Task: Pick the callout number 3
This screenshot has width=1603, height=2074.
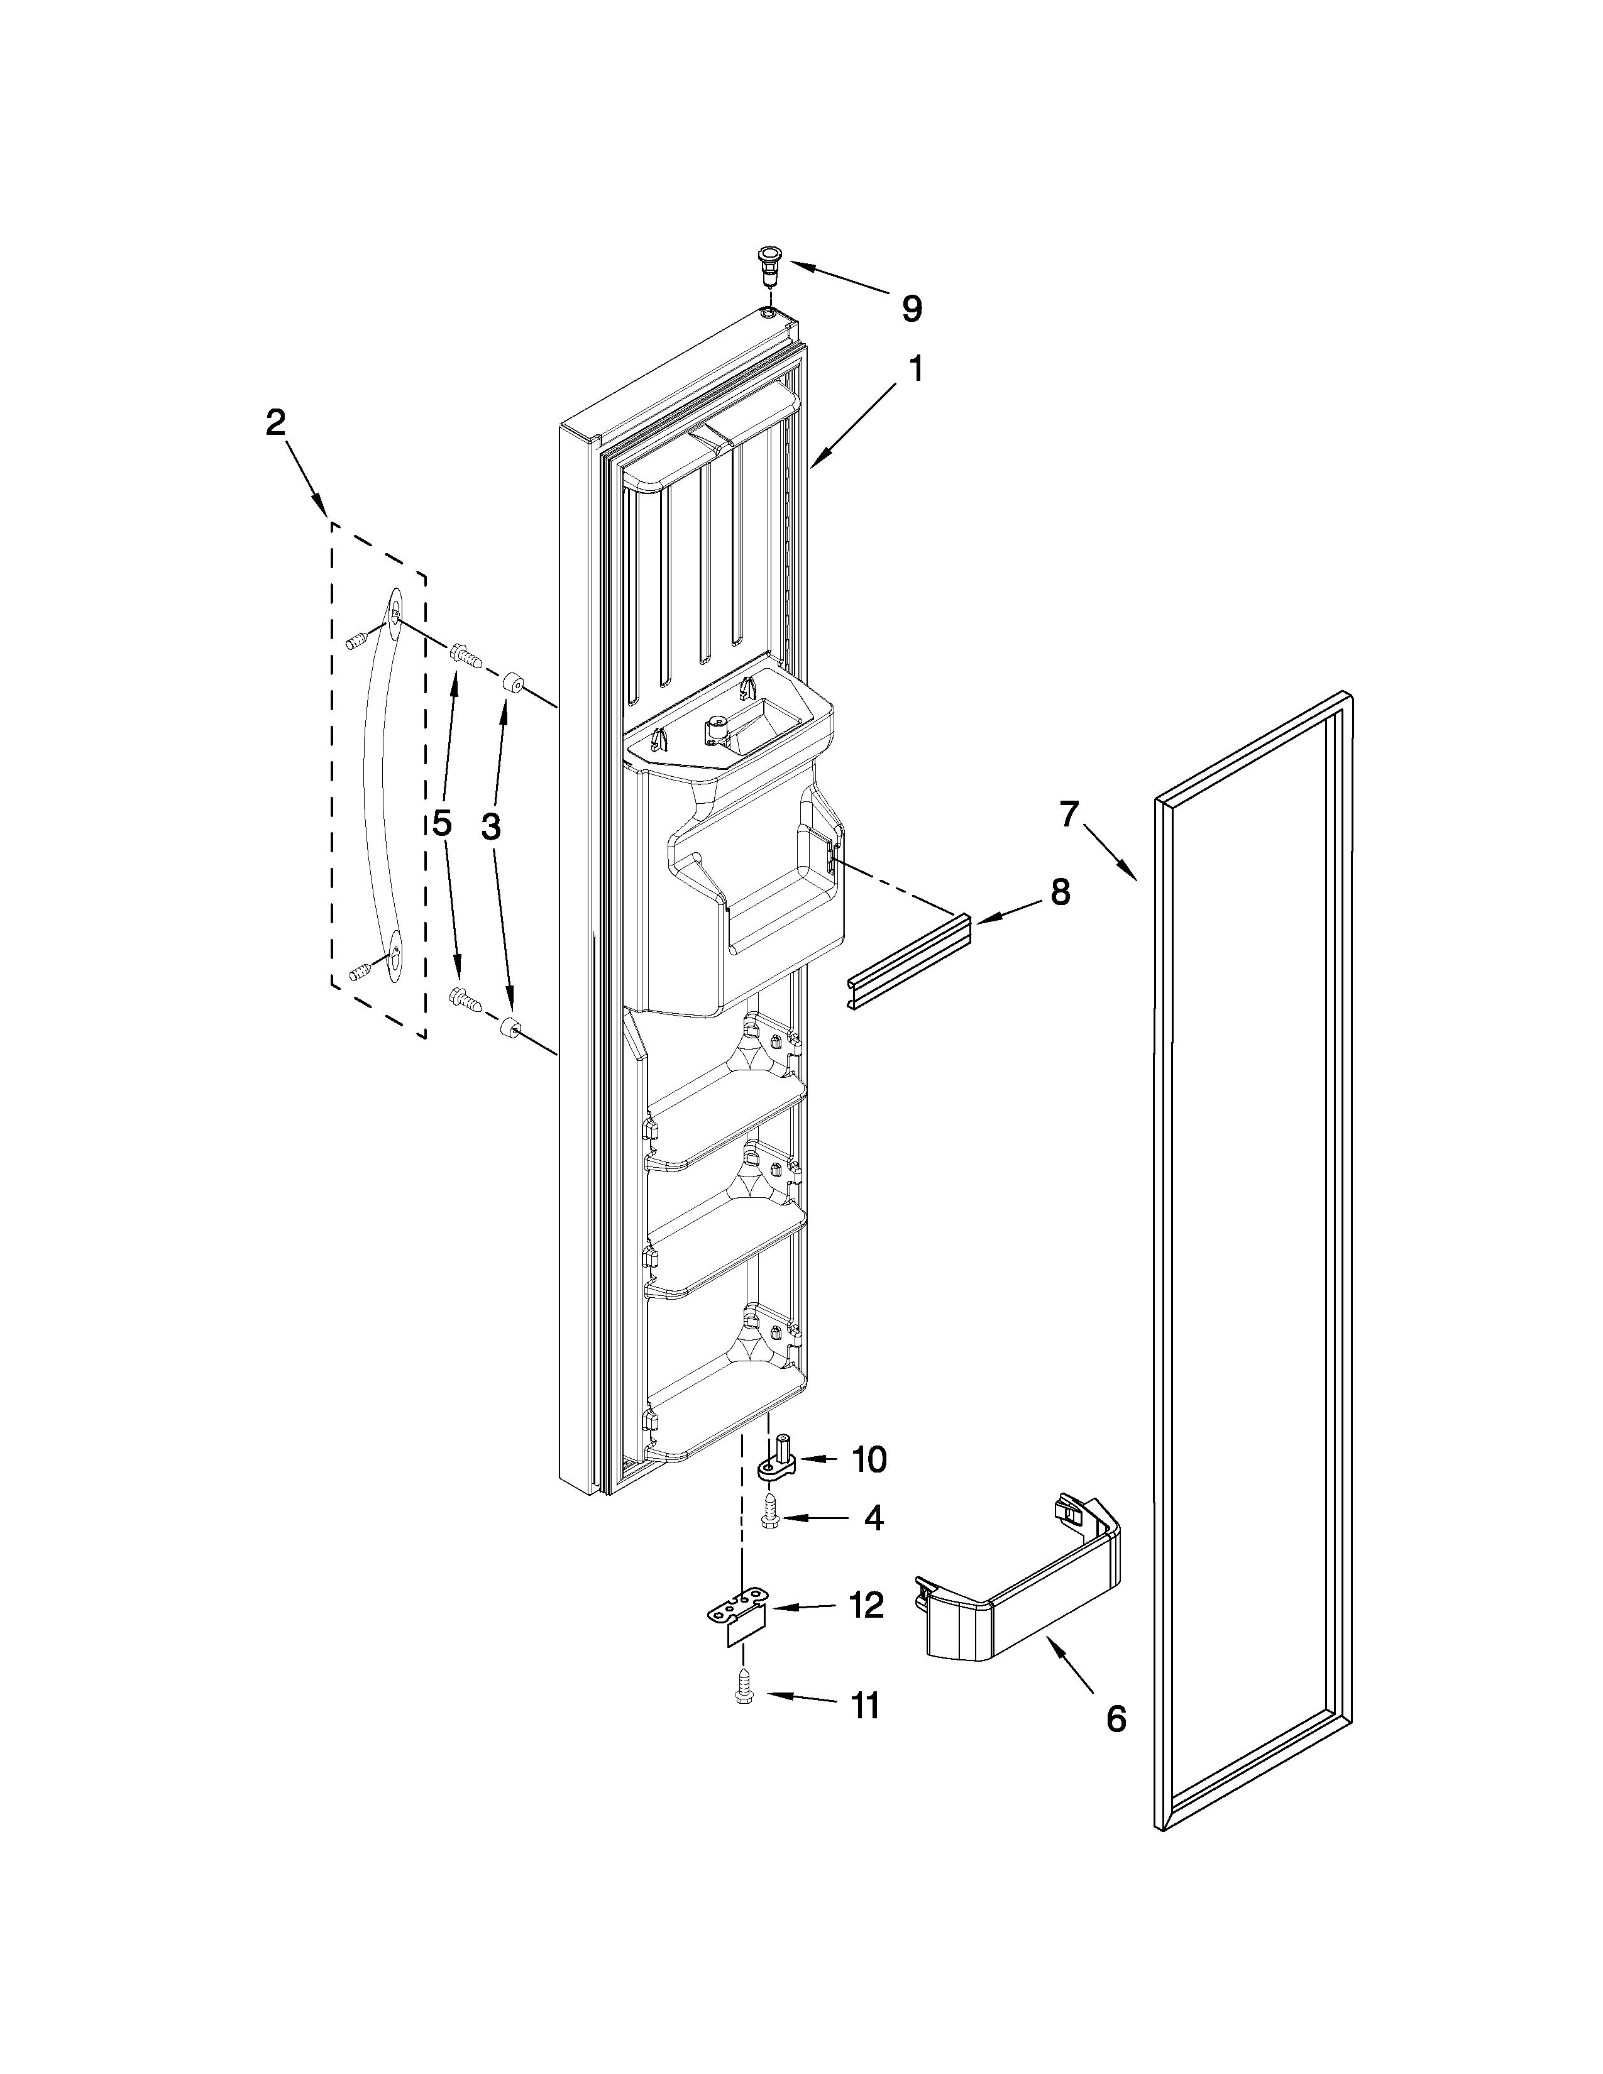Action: tap(490, 827)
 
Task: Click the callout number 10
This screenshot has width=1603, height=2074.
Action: tap(869, 1459)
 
